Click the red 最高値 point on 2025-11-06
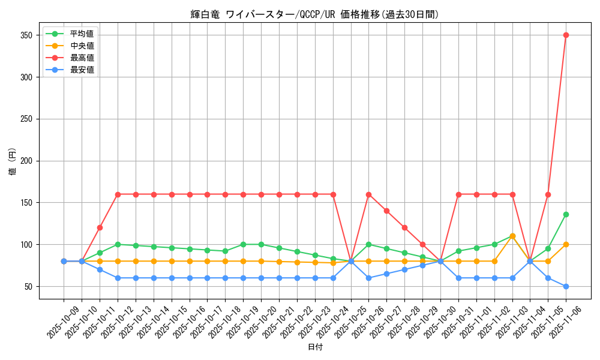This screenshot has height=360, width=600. coord(566,35)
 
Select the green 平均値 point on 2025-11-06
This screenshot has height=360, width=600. coord(566,214)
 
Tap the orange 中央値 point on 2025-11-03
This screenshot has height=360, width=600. coord(512,236)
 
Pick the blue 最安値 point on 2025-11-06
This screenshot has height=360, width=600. coord(566,286)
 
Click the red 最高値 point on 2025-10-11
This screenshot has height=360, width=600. coord(100,227)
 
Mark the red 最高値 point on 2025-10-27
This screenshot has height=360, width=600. coord(386,211)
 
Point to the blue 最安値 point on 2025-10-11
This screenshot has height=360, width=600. coord(100,269)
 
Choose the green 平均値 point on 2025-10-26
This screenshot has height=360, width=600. coord(368,244)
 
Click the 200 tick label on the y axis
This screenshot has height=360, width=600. coord(29,161)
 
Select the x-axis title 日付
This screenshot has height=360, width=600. coord(314,347)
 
